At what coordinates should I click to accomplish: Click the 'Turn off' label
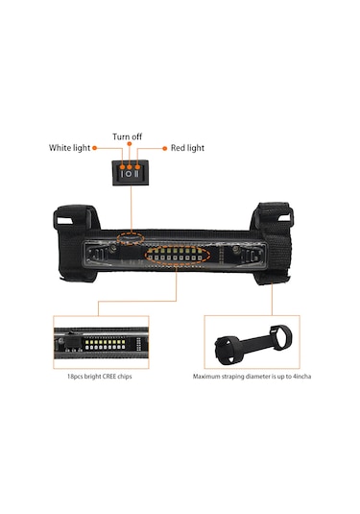(128, 136)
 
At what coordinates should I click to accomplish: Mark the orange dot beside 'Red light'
(162, 148)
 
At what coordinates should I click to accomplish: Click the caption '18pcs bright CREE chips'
(103, 378)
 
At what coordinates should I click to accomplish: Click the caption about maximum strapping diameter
(252, 378)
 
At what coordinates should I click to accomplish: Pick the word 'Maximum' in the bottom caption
(208, 378)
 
